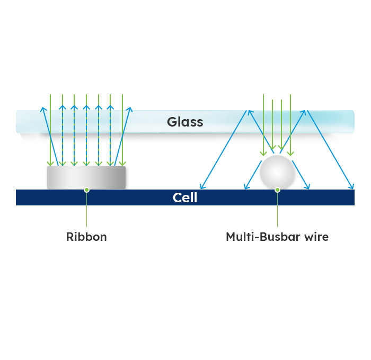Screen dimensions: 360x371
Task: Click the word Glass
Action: [185, 122]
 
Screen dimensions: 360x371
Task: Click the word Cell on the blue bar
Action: [185, 198]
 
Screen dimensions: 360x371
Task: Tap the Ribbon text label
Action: [86, 237]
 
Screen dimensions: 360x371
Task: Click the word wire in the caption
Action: [315, 237]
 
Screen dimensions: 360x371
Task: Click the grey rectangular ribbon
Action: [86, 177]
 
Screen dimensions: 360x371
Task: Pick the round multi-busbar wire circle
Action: [277, 172]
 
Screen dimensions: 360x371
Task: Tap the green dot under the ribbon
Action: [86, 190]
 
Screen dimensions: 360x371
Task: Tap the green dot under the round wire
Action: [277, 190]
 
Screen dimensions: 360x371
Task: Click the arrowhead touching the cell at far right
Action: [351, 186]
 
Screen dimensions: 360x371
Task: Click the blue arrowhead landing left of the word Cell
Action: [202, 186]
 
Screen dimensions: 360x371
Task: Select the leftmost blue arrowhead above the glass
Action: [42, 110]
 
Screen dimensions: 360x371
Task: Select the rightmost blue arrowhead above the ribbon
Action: [129, 110]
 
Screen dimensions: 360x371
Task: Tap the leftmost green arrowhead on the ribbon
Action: [50, 163]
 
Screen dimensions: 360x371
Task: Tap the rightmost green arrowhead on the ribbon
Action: [122, 163]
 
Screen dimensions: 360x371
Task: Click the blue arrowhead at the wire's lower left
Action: [245, 186]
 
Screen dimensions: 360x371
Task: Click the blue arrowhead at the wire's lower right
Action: [308, 186]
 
